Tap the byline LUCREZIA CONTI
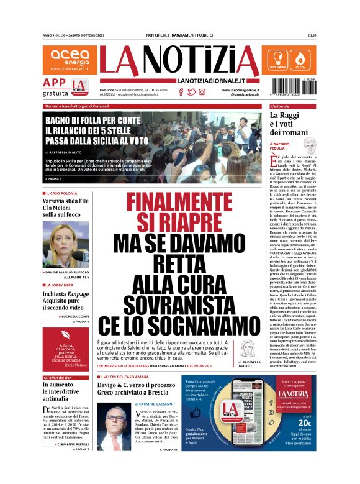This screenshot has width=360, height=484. (76, 316)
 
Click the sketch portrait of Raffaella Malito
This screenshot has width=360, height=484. (253, 347)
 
